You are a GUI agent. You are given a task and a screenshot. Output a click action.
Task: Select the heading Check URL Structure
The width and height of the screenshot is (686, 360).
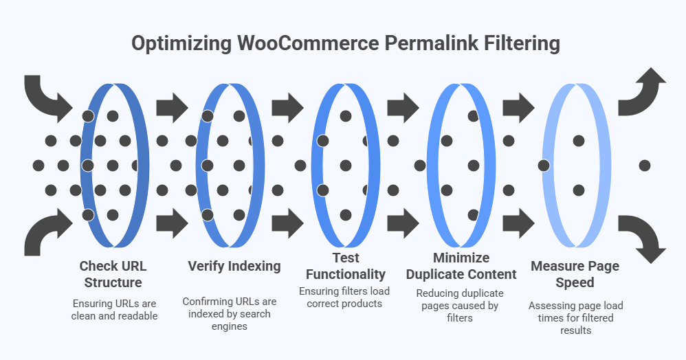(113, 273)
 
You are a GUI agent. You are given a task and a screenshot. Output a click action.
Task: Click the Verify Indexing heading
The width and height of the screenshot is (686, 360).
(234, 266)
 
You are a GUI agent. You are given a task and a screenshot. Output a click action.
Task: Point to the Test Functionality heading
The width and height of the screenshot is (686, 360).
(346, 266)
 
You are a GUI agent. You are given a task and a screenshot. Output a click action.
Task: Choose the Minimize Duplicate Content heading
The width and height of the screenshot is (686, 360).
(461, 266)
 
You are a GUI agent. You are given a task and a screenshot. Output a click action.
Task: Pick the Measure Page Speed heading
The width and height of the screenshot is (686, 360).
(575, 273)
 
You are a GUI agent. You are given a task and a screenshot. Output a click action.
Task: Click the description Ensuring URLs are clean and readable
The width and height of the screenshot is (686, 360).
(115, 310)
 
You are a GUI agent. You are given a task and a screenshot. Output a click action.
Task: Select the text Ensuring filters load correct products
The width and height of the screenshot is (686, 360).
(344, 297)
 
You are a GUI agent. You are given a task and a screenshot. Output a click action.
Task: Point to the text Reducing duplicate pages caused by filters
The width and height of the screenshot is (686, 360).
(461, 305)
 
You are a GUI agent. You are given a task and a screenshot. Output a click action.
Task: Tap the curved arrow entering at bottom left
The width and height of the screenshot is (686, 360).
(45, 234)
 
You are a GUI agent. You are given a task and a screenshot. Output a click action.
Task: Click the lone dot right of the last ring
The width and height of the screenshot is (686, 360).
(644, 166)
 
